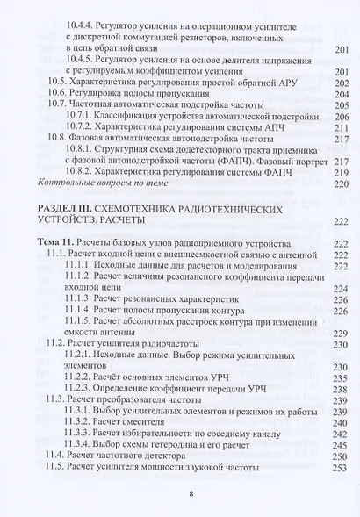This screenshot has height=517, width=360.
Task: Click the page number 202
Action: (x=342, y=82)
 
